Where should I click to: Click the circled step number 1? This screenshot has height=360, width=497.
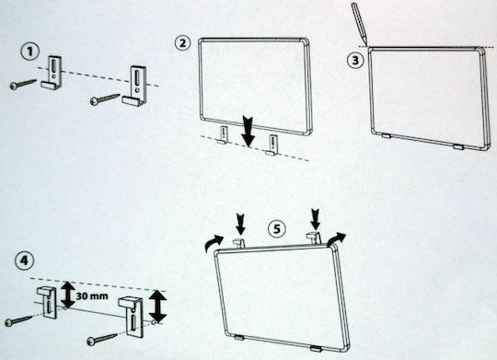click(30, 52)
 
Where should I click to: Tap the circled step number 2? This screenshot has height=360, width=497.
click(182, 43)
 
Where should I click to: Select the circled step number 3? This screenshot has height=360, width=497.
click(355, 60)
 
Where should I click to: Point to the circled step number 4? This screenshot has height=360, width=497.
click(25, 261)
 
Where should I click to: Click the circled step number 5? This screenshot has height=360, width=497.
click(277, 228)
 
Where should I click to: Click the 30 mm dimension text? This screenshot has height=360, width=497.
click(92, 296)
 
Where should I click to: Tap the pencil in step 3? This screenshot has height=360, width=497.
click(360, 24)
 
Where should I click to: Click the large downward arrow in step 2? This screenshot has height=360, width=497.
click(248, 132)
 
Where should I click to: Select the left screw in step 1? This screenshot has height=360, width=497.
click(23, 85)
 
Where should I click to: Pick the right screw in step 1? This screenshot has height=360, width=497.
click(105, 99)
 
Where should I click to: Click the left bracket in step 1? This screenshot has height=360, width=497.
click(52, 73)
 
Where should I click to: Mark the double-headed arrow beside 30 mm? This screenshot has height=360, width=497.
click(68, 295)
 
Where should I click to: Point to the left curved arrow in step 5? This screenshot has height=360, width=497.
click(214, 243)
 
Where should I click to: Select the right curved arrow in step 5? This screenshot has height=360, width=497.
click(337, 238)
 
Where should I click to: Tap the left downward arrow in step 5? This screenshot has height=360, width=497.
click(241, 225)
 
